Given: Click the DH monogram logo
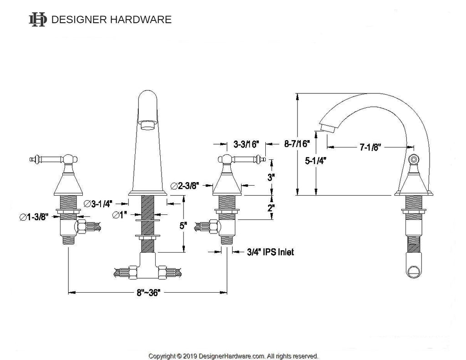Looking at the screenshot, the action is coord(37,20).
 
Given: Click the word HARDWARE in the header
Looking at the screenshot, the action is coord(141,20).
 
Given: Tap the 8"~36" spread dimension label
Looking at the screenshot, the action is coord(148,293).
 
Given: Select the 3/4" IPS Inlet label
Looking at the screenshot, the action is coord(270,252).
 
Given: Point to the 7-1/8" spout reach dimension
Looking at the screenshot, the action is coord(370,147).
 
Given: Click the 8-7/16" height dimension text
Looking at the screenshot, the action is coord(297,144).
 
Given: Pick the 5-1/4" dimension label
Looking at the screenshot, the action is coord(316,161).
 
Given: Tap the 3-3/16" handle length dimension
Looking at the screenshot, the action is coord(246,144).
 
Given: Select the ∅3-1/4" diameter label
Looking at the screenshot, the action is coord(98,203).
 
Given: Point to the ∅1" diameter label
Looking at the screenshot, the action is coord(120,215).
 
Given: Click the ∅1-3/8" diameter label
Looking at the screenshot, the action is coord(34,217).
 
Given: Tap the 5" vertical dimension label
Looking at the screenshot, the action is coord(183,226).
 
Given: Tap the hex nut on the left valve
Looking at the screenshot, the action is coord(81,228).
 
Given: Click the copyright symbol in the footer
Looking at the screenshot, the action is coord(179,356).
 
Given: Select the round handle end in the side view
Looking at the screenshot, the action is coord(413,159).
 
